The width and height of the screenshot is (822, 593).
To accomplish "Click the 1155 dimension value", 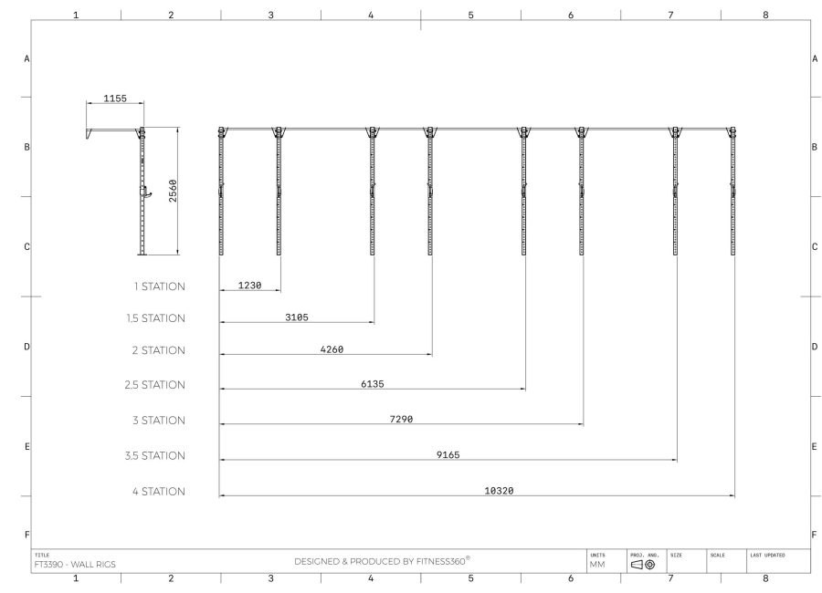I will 114,97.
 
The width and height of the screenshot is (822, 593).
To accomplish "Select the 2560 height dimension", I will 173,192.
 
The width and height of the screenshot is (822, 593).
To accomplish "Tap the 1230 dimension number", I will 249,286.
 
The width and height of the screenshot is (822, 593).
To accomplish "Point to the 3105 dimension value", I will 297,317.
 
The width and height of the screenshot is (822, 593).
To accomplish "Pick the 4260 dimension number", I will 332,349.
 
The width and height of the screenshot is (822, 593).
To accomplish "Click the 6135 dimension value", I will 372,384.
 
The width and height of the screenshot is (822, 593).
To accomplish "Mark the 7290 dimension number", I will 401,419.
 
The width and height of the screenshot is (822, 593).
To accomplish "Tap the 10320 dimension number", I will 498,490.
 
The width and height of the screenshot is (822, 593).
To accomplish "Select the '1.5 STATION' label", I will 155,318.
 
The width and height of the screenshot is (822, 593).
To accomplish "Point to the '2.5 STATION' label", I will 155,385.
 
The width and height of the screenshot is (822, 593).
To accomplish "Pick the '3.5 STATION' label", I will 155,455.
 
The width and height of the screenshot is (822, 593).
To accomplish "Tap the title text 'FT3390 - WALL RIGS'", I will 75,564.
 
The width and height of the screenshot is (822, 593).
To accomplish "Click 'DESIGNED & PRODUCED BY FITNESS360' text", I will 382,561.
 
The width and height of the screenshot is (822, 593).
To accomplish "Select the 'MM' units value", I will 597,565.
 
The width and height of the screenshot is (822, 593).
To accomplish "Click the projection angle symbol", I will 643,565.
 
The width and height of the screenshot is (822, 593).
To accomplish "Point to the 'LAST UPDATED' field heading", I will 767,555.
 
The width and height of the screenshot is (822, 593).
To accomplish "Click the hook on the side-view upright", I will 144,192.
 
